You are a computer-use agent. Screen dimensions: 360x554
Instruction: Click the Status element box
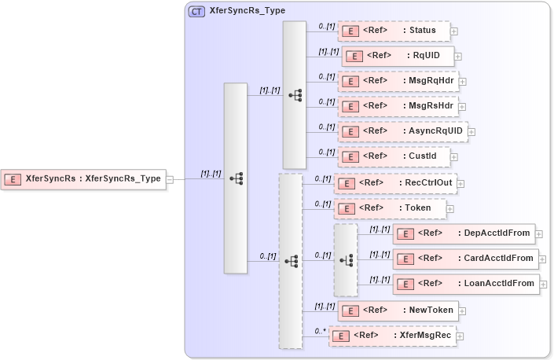tap(394, 31)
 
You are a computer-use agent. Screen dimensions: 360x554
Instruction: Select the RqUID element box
tap(397, 56)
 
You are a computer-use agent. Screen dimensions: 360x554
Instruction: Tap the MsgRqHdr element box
tap(398, 80)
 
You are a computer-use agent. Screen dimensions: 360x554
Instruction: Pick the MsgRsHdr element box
tap(398, 105)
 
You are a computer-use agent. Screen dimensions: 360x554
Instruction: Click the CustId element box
tap(394, 156)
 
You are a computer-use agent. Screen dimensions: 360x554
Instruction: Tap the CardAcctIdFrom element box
tap(464, 258)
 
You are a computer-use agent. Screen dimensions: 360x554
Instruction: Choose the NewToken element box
tap(398, 310)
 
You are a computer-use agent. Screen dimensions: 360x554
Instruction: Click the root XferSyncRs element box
tap(83, 178)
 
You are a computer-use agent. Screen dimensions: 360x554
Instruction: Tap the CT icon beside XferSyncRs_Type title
tap(197, 11)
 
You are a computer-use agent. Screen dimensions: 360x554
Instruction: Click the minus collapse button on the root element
tap(170, 179)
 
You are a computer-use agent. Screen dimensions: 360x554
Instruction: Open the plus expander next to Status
tap(454, 31)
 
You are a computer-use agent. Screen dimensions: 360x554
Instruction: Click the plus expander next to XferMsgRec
tap(460, 336)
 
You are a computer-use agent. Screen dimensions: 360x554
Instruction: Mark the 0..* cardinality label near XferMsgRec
tap(320, 331)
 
